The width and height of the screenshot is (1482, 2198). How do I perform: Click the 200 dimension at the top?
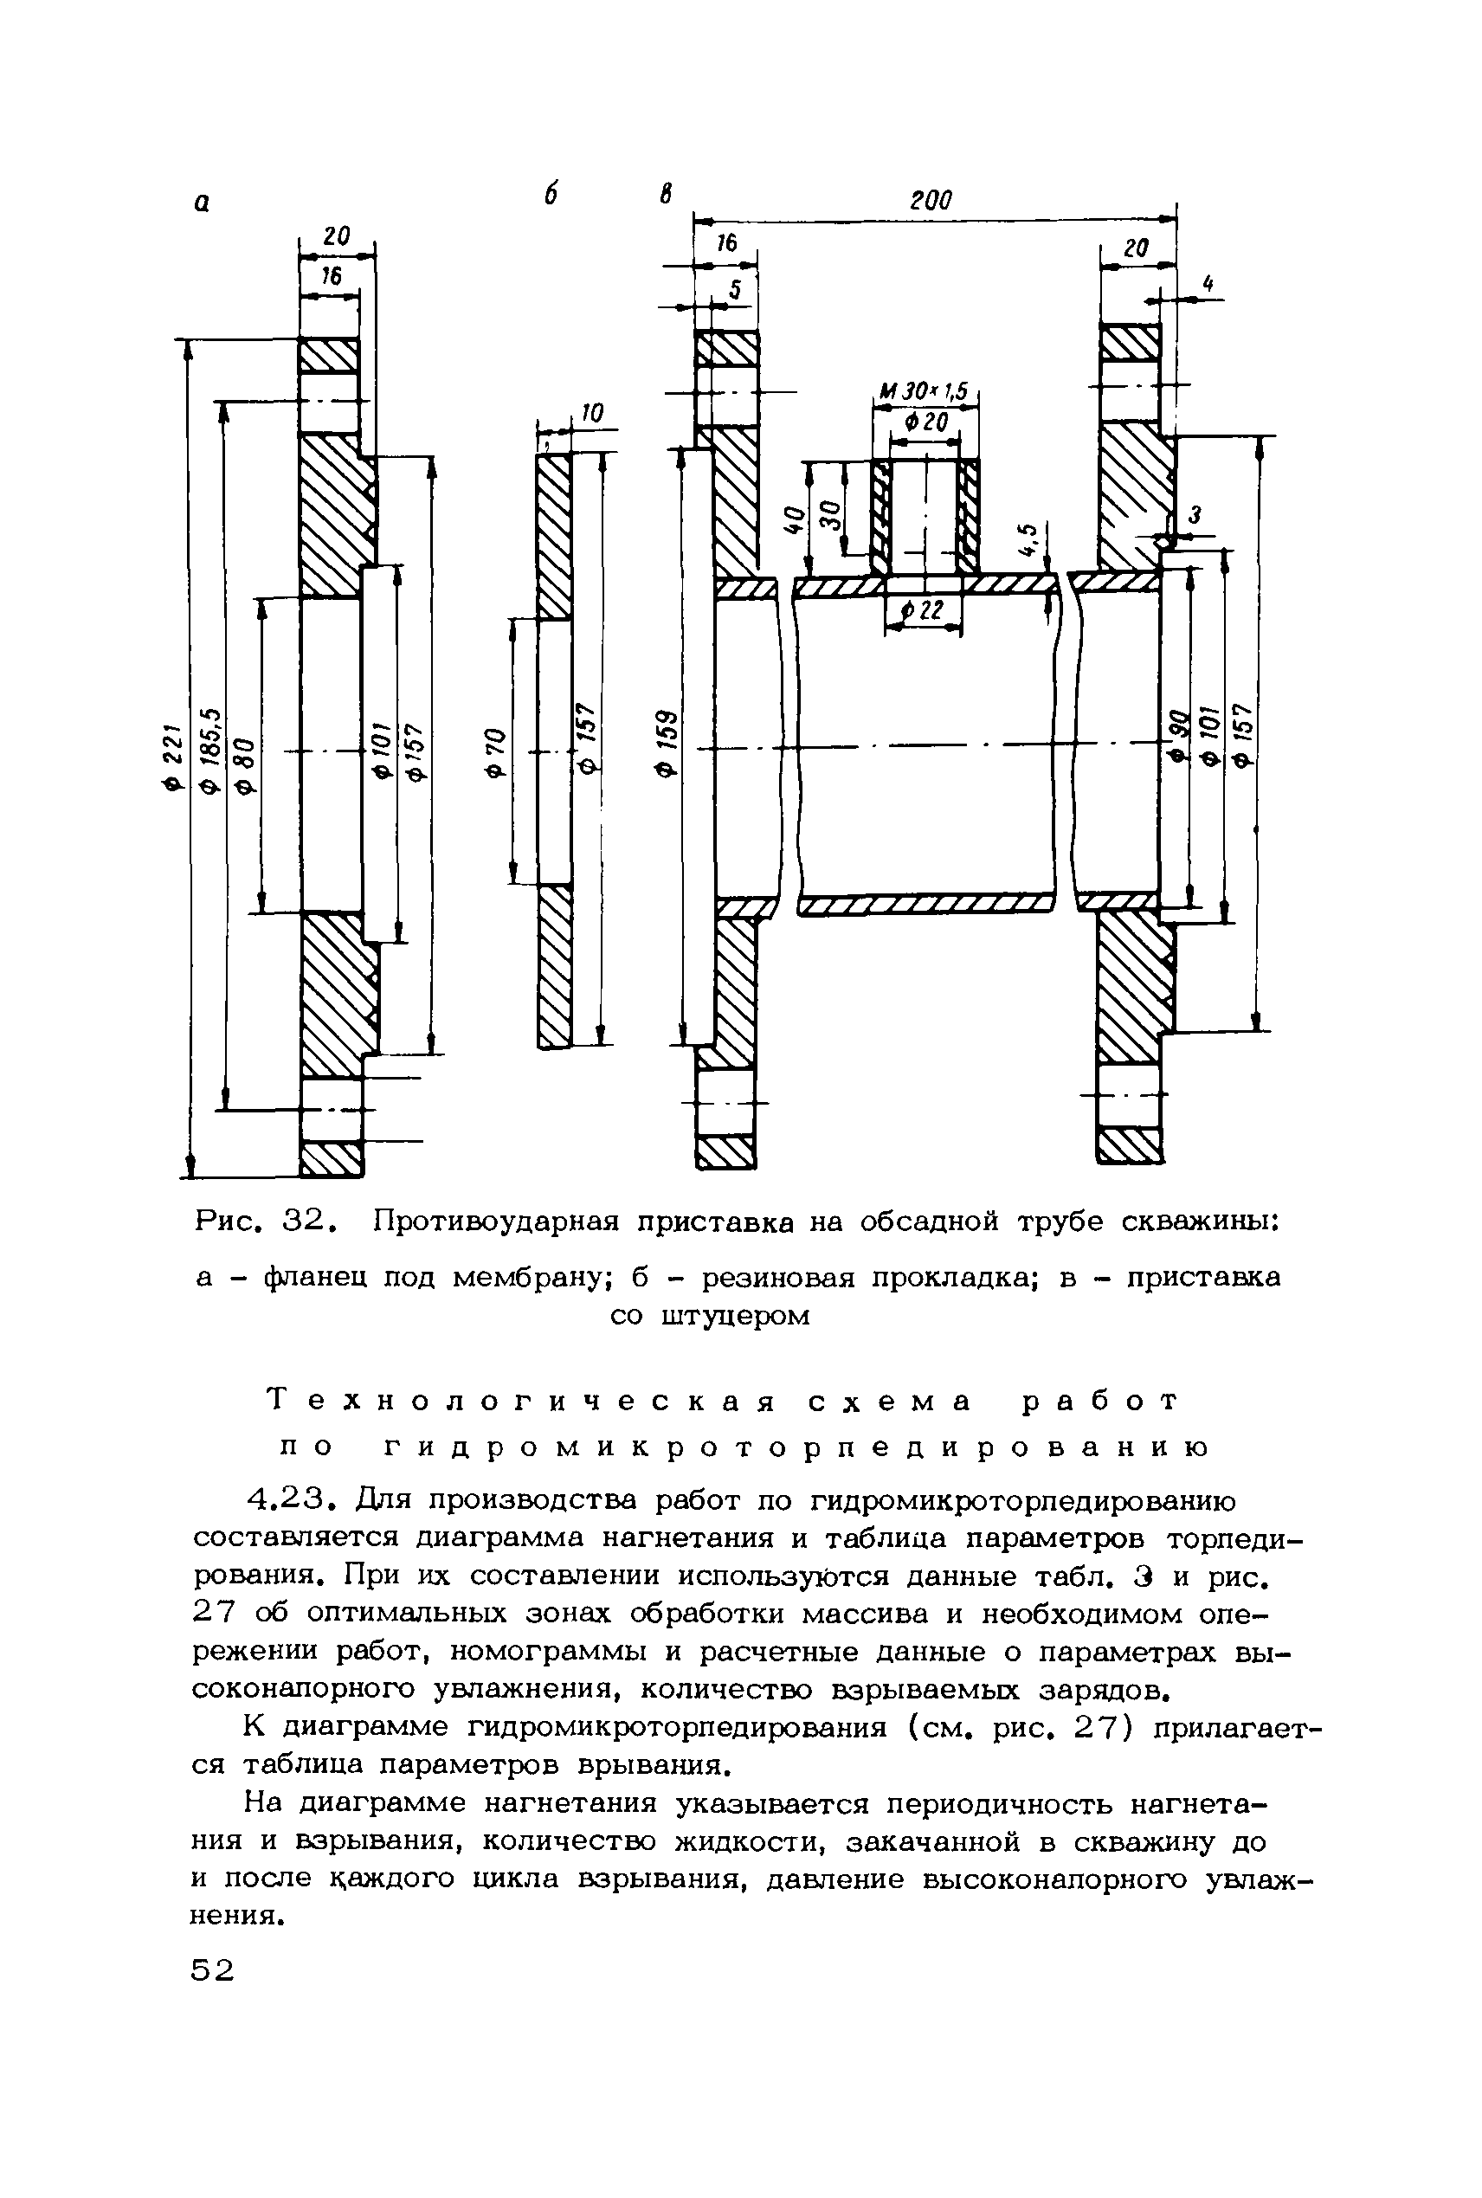pos(931,200)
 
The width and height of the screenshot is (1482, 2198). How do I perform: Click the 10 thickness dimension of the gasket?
pos(591,413)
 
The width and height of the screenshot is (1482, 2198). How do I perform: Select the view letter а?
pos(202,203)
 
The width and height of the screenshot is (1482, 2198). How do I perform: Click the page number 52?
pos(212,1969)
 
